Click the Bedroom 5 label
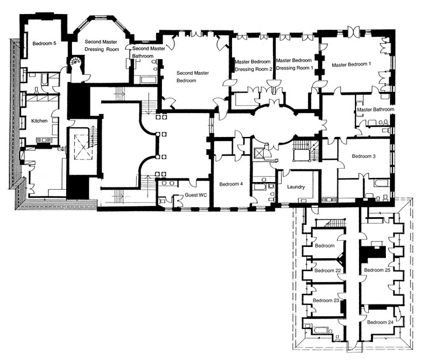pyautogui.click(x=44, y=43)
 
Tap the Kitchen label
pyautogui.click(x=39, y=121)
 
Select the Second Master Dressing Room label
pyautogui.click(x=102, y=46)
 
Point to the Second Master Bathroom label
pyautogui.click(x=149, y=52)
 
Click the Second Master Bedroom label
pyautogui.click(x=192, y=77)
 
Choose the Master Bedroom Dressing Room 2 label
pyautogui.click(x=253, y=66)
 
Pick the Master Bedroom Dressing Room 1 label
pyautogui.click(x=294, y=64)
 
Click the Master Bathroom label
pyautogui.click(x=375, y=109)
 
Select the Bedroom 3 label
pyautogui.click(x=364, y=156)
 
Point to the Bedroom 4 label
pyautogui.click(x=231, y=184)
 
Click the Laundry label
pyautogui.click(x=296, y=187)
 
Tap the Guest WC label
pyautogui.click(x=196, y=195)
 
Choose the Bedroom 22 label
pyautogui.click(x=327, y=270)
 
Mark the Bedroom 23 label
pyautogui.click(x=326, y=300)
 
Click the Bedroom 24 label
pyautogui.click(x=381, y=322)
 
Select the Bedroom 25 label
pyautogui.click(x=377, y=270)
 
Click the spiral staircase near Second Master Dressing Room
pyautogui.click(x=75, y=63)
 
